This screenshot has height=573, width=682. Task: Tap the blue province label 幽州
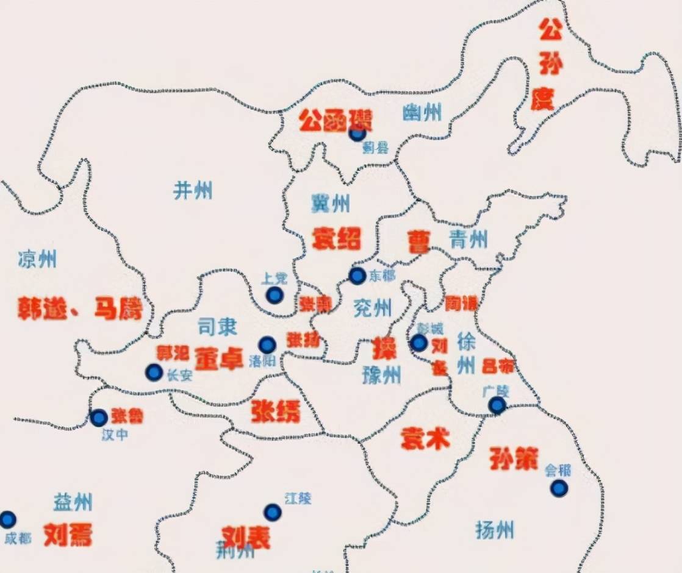pyautogui.click(x=423, y=113)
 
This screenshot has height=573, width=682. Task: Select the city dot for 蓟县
pyautogui.click(x=357, y=133)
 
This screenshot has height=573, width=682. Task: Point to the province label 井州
pyautogui.click(x=193, y=190)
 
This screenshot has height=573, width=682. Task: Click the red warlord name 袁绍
pyautogui.click(x=336, y=238)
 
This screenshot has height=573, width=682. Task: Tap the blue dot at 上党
pyautogui.click(x=275, y=296)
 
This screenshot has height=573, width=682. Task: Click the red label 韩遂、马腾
pyautogui.click(x=79, y=309)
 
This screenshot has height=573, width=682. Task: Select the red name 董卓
pyautogui.click(x=219, y=358)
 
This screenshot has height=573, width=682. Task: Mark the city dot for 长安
pyautogui.click(x=154, y=372)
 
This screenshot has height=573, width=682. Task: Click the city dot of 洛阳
pyautogui.click(x=267, y=345)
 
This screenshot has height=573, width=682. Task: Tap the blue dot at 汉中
pyautogui.click(x=99, y=418)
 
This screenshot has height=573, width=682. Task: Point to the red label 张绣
pyautogui.click(x=276, y=413)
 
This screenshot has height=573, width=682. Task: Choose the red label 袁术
pyautogui.click(x=425, y=438)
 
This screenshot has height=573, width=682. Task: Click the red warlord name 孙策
pyautogui.click(x=512, y=458)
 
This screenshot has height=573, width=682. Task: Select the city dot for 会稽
pyautogui.click(x=558, y=488)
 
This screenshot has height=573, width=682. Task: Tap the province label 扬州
pyautogui.click(x=494, y=529)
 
